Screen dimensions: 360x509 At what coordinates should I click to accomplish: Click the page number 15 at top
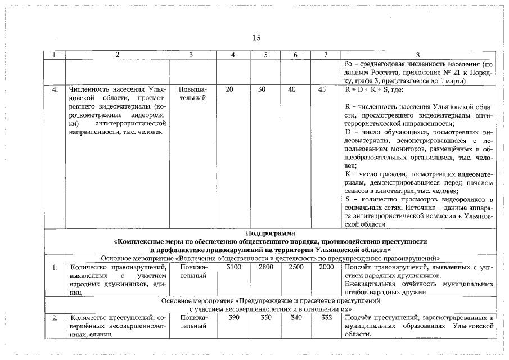coord(256,38)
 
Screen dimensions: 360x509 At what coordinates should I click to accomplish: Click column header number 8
coord(417,55)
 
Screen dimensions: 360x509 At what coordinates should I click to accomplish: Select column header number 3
coord(191,55)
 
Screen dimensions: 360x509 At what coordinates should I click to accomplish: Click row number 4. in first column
coord(55,89)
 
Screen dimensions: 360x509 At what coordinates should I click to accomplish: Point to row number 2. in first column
coord(55,318)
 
